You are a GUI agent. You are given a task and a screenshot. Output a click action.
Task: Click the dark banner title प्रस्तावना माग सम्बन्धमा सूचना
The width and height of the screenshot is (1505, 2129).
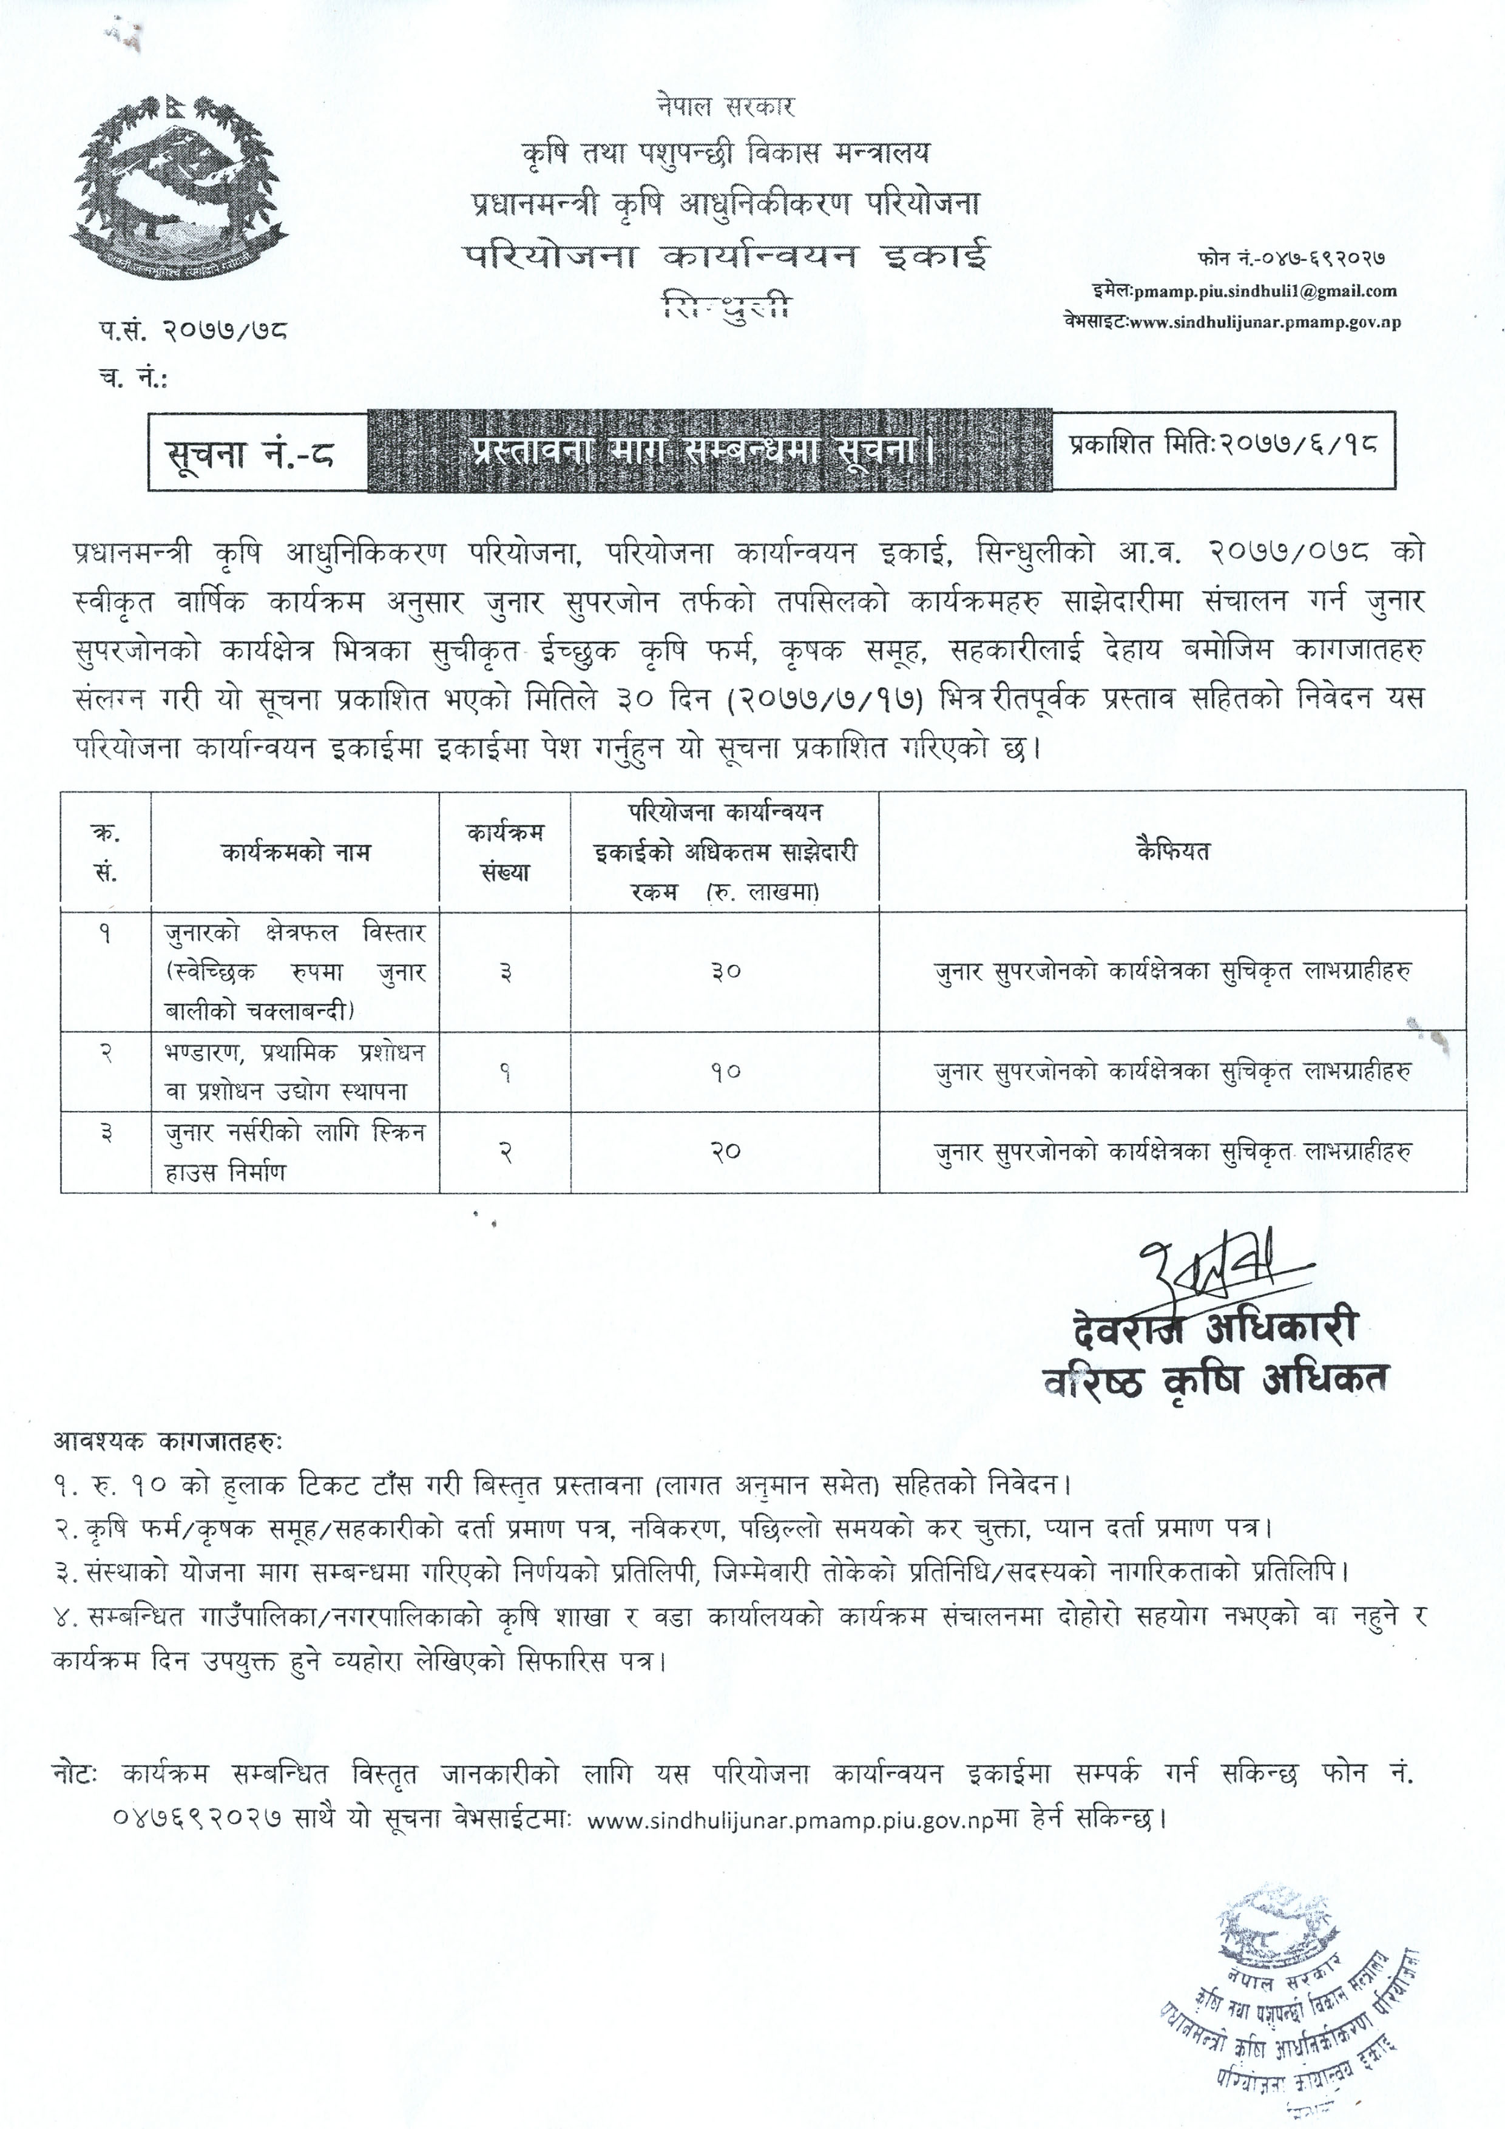click(709, 451)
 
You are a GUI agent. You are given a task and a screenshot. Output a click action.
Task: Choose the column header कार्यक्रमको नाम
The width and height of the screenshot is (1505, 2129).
click(295, 851)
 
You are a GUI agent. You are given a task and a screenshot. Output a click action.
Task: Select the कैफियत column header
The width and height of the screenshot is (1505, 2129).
click(1172, 851)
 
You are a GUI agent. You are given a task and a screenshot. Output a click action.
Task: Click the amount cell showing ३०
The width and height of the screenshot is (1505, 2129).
click(725, 971)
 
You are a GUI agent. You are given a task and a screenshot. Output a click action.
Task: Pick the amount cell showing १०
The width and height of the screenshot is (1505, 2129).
click(725, 1072)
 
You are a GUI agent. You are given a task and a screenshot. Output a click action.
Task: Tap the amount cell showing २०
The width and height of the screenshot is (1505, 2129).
click(725, 1152)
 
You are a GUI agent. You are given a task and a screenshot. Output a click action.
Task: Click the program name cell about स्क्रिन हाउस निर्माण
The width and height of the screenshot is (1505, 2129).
click(295, 1152)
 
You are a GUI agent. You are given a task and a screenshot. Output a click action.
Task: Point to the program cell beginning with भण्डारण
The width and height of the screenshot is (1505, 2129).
click(295, 1072)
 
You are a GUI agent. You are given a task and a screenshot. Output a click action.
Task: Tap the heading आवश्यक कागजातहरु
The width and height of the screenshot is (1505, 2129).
click(169, 1443)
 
